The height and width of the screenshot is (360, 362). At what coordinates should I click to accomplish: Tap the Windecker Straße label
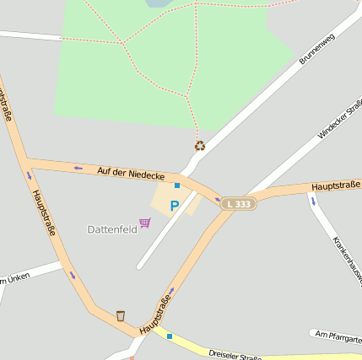338,118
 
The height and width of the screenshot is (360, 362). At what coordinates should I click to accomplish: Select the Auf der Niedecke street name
130,172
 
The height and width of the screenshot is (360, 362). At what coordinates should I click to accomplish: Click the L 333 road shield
238,204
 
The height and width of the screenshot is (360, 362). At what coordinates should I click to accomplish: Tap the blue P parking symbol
175,205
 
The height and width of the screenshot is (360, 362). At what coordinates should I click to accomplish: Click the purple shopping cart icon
145,223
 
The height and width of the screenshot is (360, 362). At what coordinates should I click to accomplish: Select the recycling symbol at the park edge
200,146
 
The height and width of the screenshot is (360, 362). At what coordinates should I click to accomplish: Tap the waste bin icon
121,315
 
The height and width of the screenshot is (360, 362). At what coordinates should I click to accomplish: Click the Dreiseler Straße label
235,356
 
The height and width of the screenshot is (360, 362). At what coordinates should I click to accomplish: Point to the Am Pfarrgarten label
338,336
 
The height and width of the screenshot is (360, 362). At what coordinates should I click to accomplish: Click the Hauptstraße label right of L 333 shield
335,185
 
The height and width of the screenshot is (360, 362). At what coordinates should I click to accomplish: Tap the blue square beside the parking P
177,185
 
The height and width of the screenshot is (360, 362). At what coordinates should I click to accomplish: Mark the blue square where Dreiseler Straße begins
170,336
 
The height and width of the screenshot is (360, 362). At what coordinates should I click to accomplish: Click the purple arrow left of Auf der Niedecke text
78,167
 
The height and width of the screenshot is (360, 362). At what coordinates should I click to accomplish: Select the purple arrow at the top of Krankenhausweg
313,201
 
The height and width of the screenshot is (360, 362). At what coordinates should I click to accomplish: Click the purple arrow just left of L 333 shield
217,200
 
